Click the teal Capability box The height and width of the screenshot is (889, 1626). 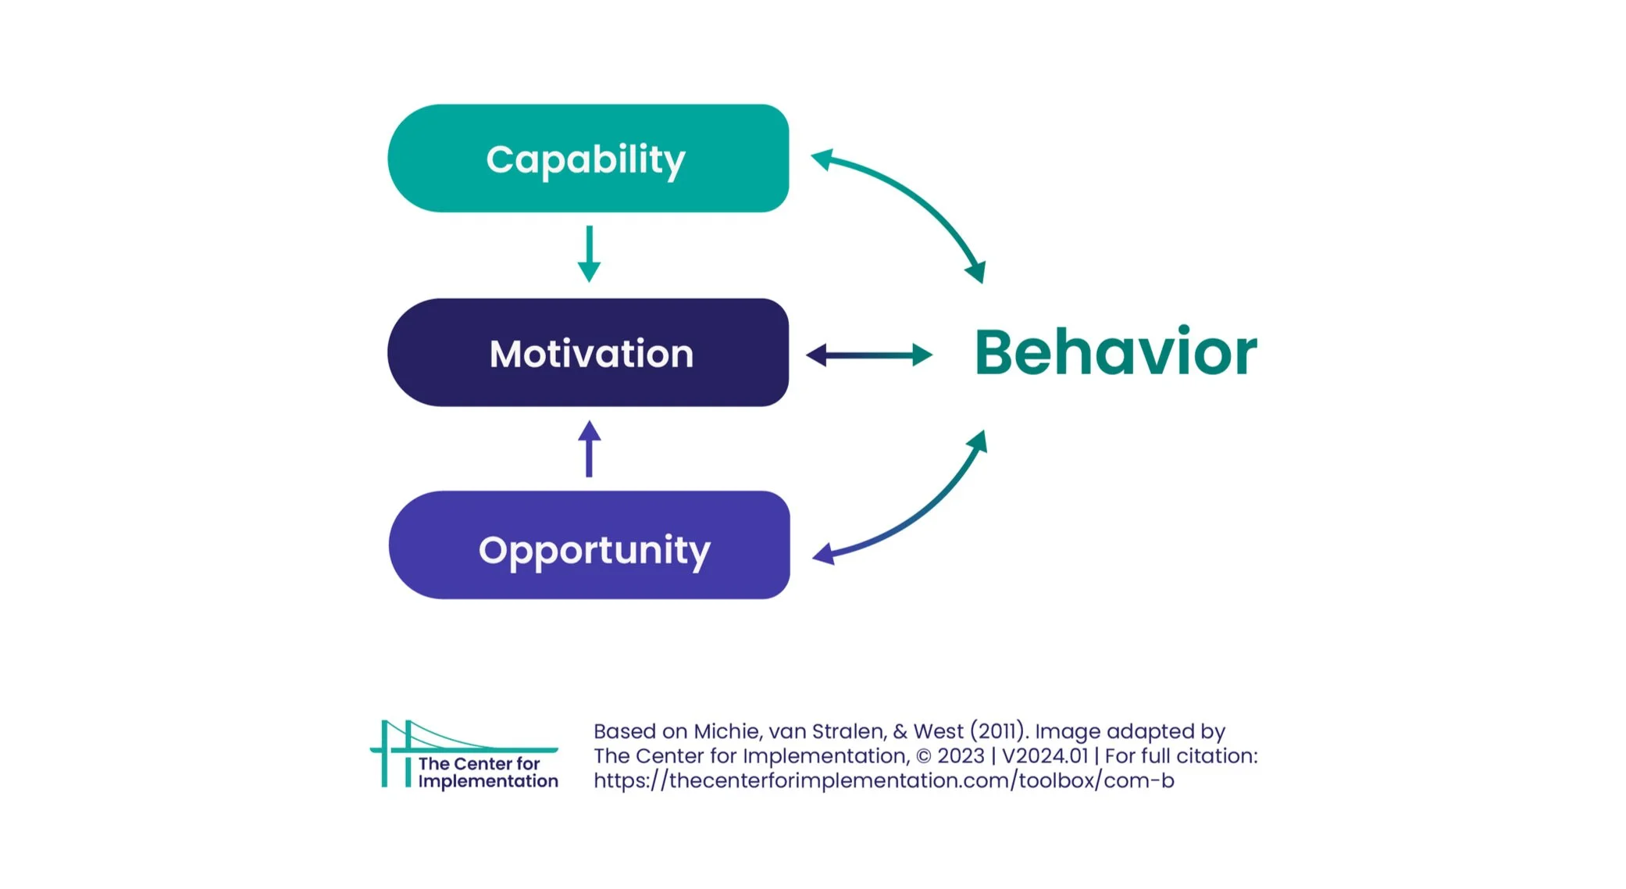click(x=587, y=159)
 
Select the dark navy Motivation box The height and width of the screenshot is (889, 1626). click(x=587, y=352)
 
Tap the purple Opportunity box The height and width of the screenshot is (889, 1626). click(x=589, y=545)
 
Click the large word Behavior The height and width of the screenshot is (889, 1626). click(x=1115, y=352)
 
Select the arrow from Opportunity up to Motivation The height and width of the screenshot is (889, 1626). click(x=589, y=449)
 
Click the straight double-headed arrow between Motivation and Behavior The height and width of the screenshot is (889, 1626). click(x=868, y=355)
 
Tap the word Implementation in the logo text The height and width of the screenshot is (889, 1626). click(x=488, y=781)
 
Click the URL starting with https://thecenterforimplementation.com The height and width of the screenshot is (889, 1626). click(x=883, y=780)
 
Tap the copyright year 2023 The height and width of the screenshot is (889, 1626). click(x=960, y=756)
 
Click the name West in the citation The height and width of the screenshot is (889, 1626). click(x=939, y=731)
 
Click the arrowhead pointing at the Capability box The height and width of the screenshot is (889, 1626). click(x=820, y=159)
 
